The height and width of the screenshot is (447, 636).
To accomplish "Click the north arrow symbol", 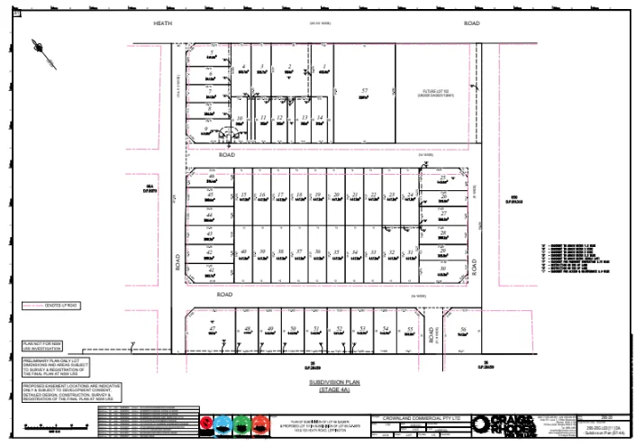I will tap(42, 47).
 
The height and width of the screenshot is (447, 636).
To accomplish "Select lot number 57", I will tap(365, 91).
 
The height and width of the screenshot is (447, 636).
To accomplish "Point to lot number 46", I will tap(210, 178).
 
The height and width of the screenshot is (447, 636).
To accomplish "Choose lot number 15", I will tap(244, 195).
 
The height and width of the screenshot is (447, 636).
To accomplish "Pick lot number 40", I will tap(244, 251).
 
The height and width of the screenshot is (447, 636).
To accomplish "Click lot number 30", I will tap(443, 268).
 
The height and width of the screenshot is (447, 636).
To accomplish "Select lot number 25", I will tap(443, 178).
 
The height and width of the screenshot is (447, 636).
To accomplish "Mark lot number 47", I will tap(213, 330).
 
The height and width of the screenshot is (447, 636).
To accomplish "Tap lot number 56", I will tap(463, 330).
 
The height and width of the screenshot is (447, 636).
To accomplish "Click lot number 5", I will tap(210, 55).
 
